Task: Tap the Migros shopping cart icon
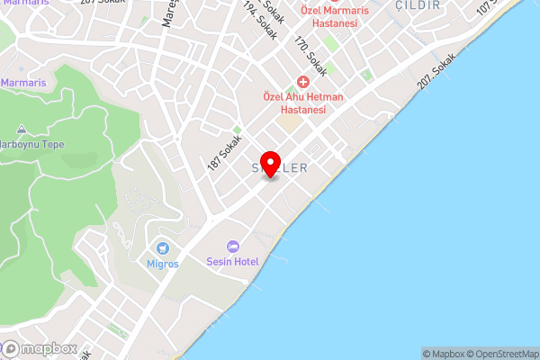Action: tap(163, 247)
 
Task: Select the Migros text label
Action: tap(163, 264)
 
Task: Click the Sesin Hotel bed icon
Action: tap(233, 246)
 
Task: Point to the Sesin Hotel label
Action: tap(233, 262)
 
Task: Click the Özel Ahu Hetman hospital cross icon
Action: tap(304, 81)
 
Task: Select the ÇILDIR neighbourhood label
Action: tap(419, 5)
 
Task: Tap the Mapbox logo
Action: tap(39, 348)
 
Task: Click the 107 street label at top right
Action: tap(487, 6)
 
